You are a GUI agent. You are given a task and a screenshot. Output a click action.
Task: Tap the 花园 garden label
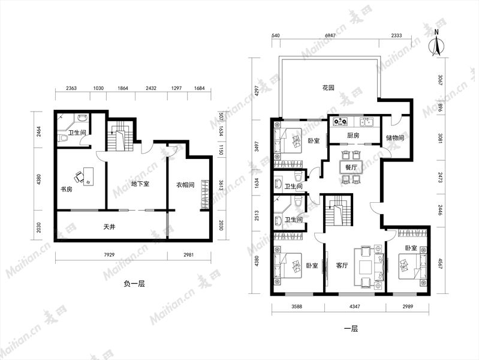click(329, 88)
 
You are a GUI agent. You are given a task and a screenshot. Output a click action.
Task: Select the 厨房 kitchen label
click(354, 135)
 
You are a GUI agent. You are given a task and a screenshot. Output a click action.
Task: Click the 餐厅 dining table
click(351, 167)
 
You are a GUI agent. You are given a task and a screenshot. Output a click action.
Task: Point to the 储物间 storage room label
click(395, 137)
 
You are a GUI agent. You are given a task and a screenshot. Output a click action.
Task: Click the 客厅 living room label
click(342, 265)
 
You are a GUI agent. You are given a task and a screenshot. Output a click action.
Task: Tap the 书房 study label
click(67, 190)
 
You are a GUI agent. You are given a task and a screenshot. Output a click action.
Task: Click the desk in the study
click(88, 176)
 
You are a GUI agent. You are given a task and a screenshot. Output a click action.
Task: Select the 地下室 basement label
click(140, 184)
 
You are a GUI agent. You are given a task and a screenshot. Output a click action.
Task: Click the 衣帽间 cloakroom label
click(185, 185)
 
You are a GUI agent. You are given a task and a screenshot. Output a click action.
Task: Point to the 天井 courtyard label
click(109, 227)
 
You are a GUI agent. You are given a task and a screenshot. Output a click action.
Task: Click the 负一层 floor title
click(134, 284)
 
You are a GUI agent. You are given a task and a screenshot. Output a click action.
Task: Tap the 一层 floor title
click(351, 329)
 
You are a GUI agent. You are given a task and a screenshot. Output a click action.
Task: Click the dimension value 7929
click(109, 254)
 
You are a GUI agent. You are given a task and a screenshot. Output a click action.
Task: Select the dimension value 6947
click(330, 35)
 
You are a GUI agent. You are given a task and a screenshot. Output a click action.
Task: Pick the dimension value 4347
click(354, 306)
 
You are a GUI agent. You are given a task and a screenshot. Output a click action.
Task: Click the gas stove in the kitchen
click(341, 121)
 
